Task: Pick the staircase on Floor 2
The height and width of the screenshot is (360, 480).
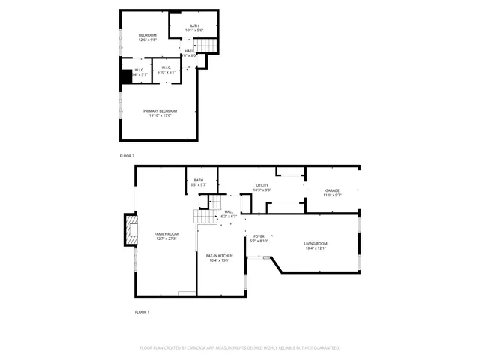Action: tap(206, 46)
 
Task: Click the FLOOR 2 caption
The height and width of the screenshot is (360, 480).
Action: tap(127, 156)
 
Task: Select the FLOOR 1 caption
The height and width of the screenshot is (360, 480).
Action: tap(142, 311)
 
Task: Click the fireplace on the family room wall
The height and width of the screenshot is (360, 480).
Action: tap(130, 232)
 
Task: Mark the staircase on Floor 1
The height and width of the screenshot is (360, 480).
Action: tap(206, 214)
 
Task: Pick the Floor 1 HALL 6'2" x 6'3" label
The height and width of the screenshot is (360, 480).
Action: tap(229, 214)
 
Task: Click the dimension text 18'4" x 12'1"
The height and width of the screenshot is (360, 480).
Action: tap(315, 248)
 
